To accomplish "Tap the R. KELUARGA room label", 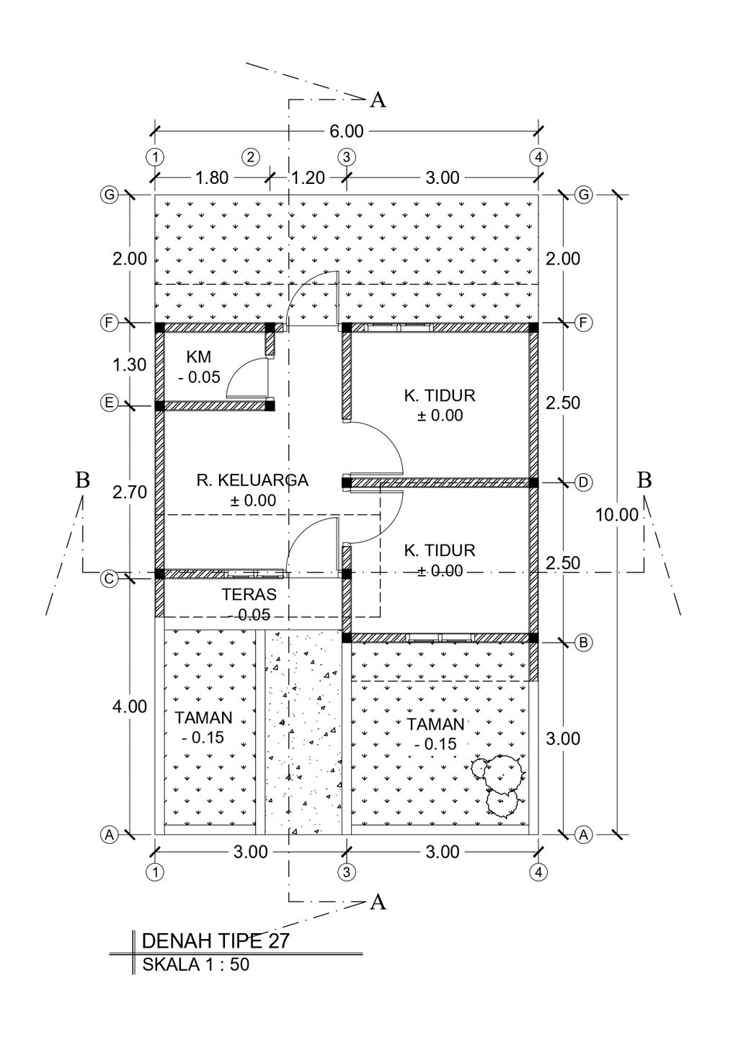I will pos(252,480).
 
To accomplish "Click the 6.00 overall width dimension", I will pos(346,131).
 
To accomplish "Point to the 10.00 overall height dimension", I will pos(617,515).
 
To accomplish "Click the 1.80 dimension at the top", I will pos(212,178).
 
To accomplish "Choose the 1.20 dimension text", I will pos(308,178).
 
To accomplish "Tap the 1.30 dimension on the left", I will pos(130,365).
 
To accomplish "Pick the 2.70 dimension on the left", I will pos(130,493).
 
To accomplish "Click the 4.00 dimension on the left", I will pos(130,707).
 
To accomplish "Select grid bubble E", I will pos(109,403).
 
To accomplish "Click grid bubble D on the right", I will pos(583,482).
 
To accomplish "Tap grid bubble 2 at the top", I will pos(250,156).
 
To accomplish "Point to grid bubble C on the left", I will pos(109,578).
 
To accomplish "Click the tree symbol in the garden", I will pos(499,782).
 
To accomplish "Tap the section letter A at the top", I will pos(378,100).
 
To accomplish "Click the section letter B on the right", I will pos(644,480).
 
